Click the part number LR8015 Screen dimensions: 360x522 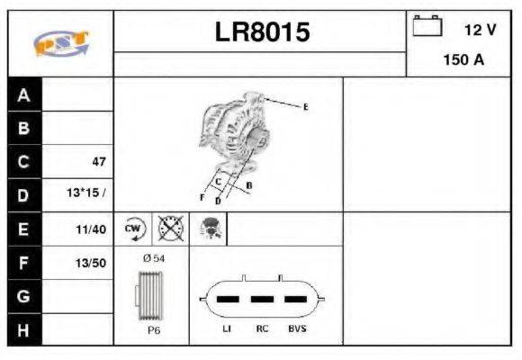pyautogui.click(x=262, y=32)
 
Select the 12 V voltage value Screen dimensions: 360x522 pyautogui.click(x=480, y=30)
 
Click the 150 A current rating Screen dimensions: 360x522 pyautogui.click(x=464, y=60)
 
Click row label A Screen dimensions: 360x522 pyautogui.click(x=23, y=95)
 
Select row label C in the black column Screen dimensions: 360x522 pyautogui.click(x=23, y=162)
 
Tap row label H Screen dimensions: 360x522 pyautogui.click(x=23, y=329)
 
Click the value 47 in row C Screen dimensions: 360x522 pyautogui.click(x=99, y=162)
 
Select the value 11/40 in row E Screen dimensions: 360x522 pyautogui.click(x=92, y=229)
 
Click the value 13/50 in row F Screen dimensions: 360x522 pyautogui.click(x=92, y=263)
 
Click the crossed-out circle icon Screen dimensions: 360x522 pyautogui.click(x=171, y=229)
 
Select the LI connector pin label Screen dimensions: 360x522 pyautogui.click(x=227, y=329)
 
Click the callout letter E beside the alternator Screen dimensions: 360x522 pyautogui.click(x=305, y=107)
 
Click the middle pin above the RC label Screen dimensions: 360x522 pyautogui.click(x=261, y=299)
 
